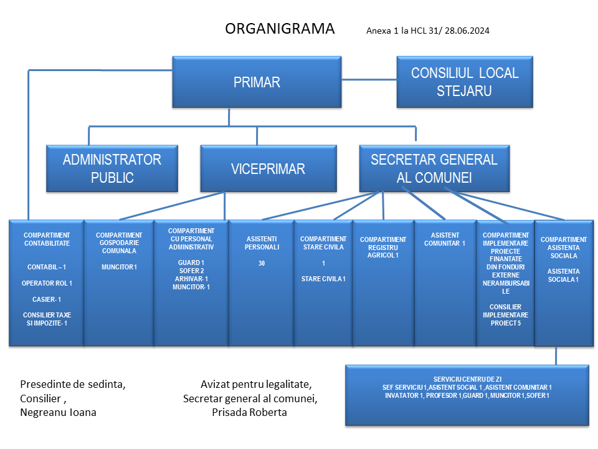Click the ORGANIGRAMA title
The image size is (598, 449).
pyautogui.click(x=280, y=29)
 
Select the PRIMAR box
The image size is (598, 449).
pyautogui.click(x=257, y=82)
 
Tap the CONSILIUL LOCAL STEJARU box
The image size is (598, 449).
pyautogui.click(x=465, y=82)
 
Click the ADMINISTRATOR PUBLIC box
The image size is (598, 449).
pyautogui.click(x=112, y=168)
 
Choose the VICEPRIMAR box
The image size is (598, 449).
pyautogui.click(x=268, y=168)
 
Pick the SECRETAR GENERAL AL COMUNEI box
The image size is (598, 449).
pyautogui.click(x=434, y=168)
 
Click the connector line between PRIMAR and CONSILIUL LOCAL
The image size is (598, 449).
pyautogui.click(x=369, y=80)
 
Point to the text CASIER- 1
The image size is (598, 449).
pyautogui.click(x=47, y=299)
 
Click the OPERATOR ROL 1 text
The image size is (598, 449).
pyautogui.click(x=47, y=283)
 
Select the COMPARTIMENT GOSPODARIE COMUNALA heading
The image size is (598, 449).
pyautogui.click(x=119, y=243)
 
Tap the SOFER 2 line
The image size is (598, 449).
pyautogui.click(x=191, y=271)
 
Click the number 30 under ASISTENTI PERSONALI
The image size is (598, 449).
pyautogui.click(x=262, y=263)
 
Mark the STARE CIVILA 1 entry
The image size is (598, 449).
pyautogui.click(x=323, y=279)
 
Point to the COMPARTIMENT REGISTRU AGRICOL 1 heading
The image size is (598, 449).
pyautogui.click(x=383, y=248)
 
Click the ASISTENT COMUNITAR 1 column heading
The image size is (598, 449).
pyautogui.click(x=445, y=239)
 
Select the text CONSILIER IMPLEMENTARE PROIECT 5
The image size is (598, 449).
pyautogui.click(x=506, y=315)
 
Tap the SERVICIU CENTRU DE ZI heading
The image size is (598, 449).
pyautogui.click(x=467, y=379)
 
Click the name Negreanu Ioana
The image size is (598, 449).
pyautogui.click(x=58, y=412)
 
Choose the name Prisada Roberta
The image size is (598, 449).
pyautogui.click(x=249, y=412)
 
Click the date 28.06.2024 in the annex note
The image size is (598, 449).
pyautogui.click(x=467, y=31)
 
